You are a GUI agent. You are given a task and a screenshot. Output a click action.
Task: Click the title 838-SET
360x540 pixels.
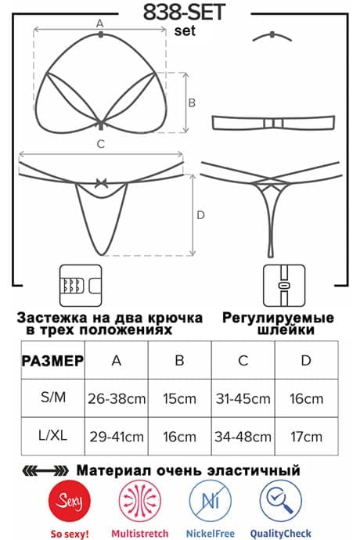(184, 13)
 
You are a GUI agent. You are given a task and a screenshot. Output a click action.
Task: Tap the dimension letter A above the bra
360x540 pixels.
(99, 23)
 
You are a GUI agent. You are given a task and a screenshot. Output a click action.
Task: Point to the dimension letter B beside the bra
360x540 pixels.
(192, 103)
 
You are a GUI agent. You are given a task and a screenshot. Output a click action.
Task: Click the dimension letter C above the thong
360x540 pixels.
(101, 144)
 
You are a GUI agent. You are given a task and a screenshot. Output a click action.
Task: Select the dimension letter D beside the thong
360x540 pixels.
(200, 215)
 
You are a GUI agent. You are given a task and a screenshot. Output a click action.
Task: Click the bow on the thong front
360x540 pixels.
(101, 183)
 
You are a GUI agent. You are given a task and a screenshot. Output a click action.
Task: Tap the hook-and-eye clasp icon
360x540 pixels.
(81, 286)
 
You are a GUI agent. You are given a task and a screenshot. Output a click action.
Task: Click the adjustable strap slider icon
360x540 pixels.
(284, 286)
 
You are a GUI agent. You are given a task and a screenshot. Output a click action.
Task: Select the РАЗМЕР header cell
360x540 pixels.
(52, 361)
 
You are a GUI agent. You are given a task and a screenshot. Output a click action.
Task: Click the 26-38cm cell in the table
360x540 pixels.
(117, 398)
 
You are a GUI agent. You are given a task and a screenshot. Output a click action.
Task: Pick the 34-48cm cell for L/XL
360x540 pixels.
(243, 437)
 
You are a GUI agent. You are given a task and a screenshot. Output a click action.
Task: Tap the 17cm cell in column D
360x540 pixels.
(306, 437)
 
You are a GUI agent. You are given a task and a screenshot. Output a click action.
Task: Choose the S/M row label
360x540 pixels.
(53, 398)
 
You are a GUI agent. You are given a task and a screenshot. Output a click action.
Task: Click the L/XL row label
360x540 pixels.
(52, 435)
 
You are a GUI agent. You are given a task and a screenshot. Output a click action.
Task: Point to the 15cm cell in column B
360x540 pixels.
(179, 398)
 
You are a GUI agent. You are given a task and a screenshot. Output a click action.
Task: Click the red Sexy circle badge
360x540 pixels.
(70, 501)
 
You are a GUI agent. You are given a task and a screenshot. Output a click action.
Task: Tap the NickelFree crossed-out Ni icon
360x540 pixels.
(211, 501)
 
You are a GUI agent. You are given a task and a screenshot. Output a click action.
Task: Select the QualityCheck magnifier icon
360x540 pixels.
(280, 501)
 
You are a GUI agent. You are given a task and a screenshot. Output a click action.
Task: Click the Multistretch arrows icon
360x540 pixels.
(140, 501)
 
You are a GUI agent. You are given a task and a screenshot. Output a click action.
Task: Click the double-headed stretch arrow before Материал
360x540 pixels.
(45, 470)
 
